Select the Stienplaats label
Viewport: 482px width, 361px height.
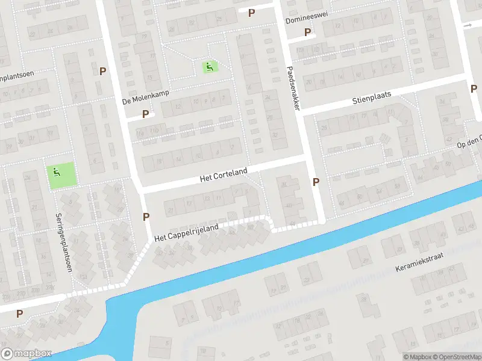point(372,98)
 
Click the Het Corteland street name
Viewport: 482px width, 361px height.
point(224,176)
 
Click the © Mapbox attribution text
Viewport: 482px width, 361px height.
point(416,357)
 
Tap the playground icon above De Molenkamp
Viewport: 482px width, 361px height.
point(210,67)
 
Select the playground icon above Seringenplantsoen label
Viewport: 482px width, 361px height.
point(56,173)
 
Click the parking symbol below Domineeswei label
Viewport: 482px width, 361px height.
point(308,32)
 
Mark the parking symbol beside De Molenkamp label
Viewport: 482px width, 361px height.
point(145,114)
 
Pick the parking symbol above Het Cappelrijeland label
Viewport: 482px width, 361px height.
point(146,217)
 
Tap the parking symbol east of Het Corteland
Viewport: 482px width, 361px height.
point(316,182)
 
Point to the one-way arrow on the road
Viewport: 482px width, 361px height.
point(468,25)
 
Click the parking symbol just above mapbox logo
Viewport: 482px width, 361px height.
point(19,313)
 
